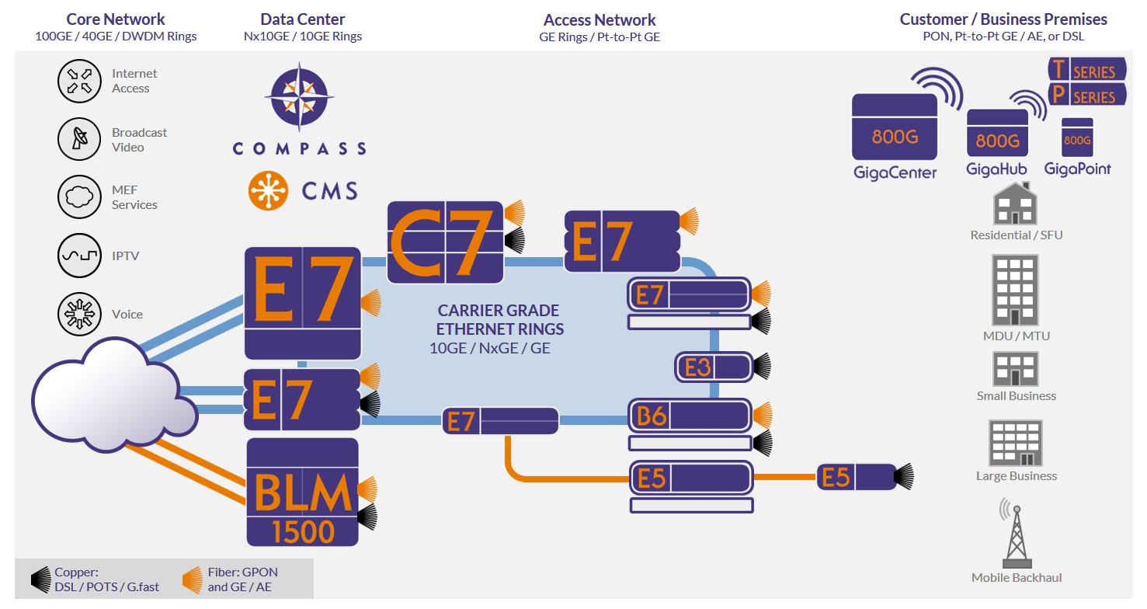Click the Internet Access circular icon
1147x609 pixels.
click(x=80, y=81)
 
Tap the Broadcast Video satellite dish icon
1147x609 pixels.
click(x=80, y=140)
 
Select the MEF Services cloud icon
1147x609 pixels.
click(x=80, y=197)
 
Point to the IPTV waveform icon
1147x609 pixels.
click(x=80, y=256)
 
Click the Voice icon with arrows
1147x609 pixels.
click(x=80, y=314)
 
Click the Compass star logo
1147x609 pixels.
click(x=298, y=96)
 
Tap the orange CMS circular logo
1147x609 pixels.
click(x=269, y=190)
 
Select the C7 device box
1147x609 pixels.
click(x=446, y=241)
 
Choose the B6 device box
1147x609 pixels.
click(x=690, y=416)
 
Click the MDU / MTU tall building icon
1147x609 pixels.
click(x=1016, y=291)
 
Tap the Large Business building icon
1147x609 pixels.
click(x=1016, y=443)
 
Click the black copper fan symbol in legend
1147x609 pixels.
click(x=41, y=579)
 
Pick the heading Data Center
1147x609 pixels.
click(x=303, y=19)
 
